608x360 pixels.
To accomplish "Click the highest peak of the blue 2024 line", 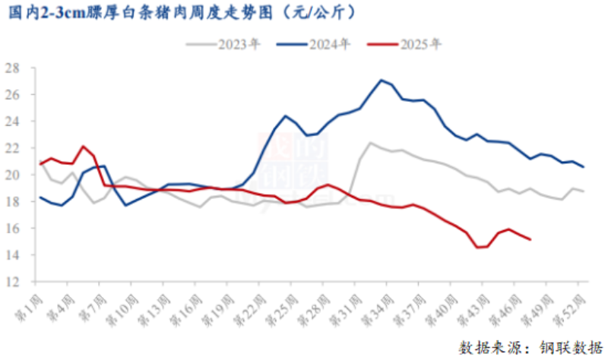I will [381, 80].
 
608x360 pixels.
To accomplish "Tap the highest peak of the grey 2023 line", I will [370, 142].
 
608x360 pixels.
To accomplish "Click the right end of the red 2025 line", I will [530, 239].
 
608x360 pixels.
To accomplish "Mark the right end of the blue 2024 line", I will [583, 167].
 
